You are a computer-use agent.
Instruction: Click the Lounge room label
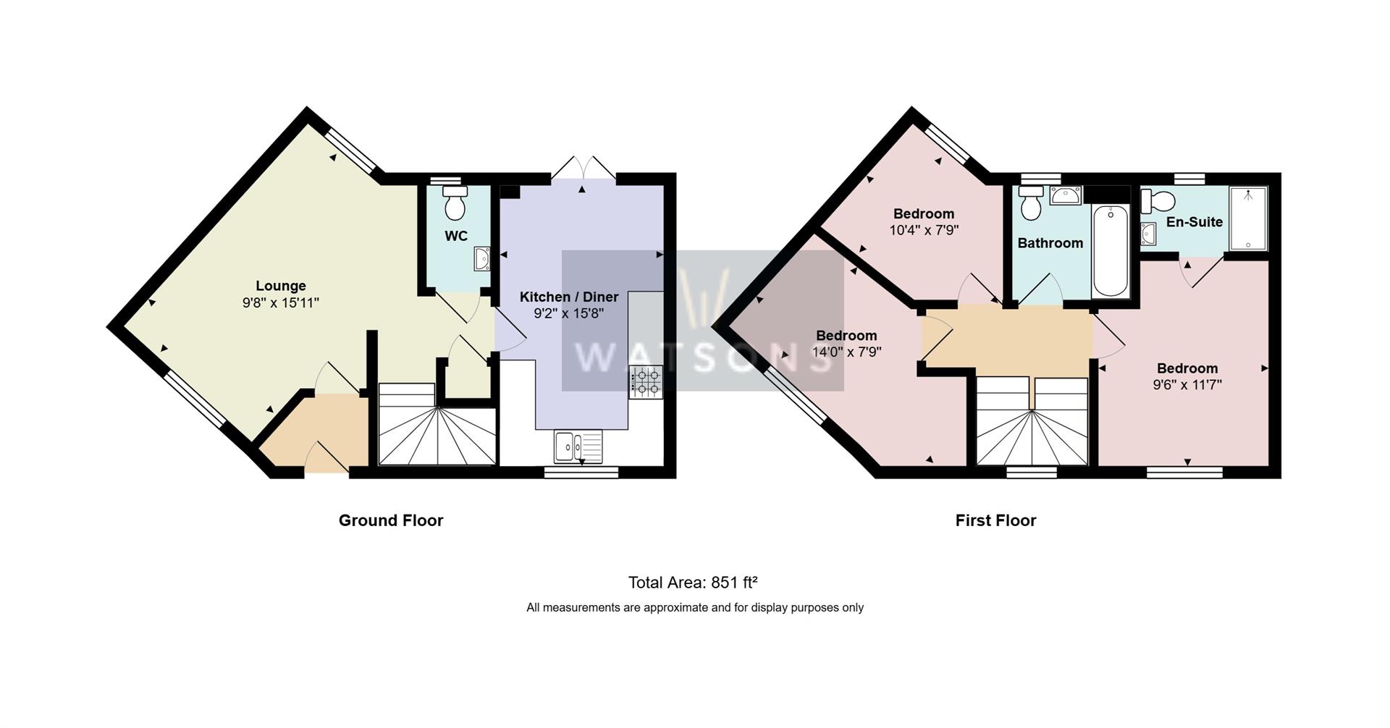tap(281, 286)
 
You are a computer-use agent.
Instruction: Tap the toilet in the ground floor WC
tap(455, 204)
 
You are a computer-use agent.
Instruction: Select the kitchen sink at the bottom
tap(578, 446)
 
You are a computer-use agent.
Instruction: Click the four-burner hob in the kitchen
tap(646, 382)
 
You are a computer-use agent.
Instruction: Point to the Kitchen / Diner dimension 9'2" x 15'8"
tap(568, 313)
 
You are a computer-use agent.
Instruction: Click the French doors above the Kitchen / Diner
tap(583, 169)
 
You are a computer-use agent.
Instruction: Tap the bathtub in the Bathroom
tap(1110, 250)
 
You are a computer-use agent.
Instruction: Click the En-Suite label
tap(1194, 222)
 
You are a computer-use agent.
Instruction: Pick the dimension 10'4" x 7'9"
tap(924, 230)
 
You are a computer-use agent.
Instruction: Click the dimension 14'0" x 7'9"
tap(846, 352)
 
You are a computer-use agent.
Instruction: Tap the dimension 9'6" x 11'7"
tap(1187, 385)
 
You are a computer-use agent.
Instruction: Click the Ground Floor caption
tap(391, 520)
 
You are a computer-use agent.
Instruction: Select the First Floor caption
tap(995, 520)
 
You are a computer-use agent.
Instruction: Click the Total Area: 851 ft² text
tap(693, 583)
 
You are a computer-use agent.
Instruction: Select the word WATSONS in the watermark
tap(702, 357)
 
